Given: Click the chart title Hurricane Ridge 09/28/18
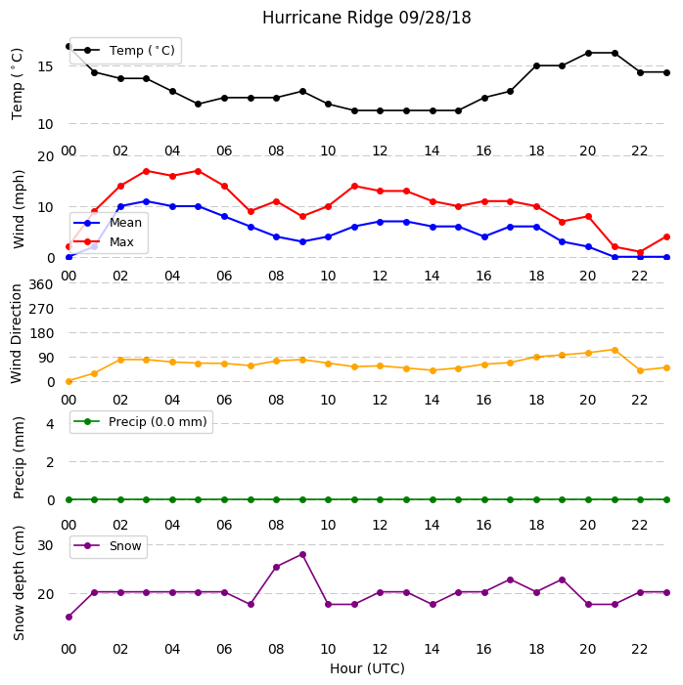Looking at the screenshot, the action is (x=366, y=18).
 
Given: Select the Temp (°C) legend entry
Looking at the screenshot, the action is (x=124, y=51).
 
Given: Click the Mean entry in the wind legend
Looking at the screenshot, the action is (x=108, y=223).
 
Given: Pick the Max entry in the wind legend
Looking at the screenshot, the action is (x=104, y=242).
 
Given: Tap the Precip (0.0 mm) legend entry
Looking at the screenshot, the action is (x=141, y=422).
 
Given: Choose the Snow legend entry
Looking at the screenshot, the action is (x=108, y=546).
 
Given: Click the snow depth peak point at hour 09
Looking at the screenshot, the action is (x=302, y=555).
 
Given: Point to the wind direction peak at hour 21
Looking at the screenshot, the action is (x=615, y=351).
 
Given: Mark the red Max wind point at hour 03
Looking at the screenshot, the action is (x=146, y=171).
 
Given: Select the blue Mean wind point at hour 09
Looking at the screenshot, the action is (x=302, y=241).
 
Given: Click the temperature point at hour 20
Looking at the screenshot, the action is (x=588, y=54).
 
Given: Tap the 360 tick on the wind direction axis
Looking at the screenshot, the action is (x=41, y=284).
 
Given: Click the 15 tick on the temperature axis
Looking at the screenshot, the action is (x=45, y=66).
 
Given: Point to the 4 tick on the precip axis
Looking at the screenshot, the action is (x=50, y=424).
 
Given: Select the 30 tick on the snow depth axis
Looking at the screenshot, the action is (x=45, y=545).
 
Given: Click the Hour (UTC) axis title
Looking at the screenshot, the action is (x=367, y=668).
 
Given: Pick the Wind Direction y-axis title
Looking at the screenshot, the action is (x=17, y=334).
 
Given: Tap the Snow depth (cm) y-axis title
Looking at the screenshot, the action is (x=19, y=583).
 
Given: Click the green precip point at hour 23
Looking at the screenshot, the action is (x=666, y=499).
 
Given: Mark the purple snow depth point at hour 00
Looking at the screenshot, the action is (x=68, y=618).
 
